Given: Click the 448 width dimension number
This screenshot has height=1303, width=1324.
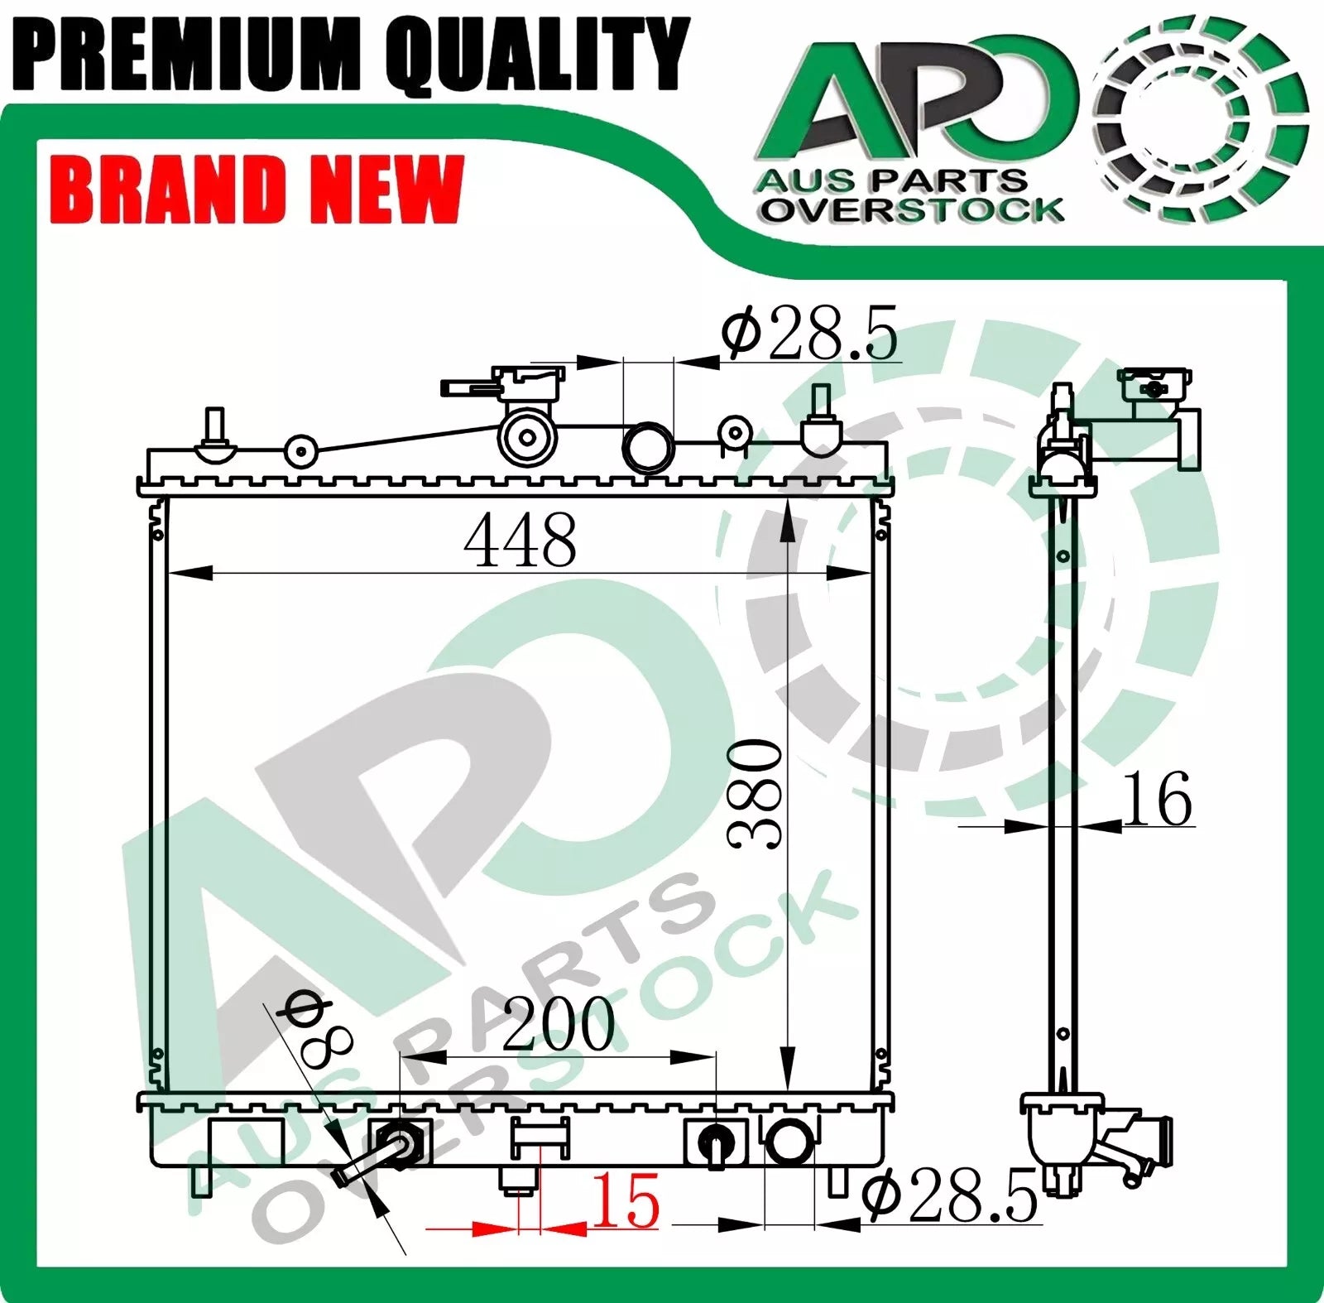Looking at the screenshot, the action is pos(520,540).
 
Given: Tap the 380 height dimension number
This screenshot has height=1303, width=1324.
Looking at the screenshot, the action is pos(754,795).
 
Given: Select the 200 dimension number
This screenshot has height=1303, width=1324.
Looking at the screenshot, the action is pos(559,1024).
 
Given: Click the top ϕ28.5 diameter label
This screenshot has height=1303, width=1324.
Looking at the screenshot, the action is pos(808,333).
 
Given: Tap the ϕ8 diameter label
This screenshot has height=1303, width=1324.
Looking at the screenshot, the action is pos(318,1027).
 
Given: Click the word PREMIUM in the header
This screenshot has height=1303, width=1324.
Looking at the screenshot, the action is pos(187,55).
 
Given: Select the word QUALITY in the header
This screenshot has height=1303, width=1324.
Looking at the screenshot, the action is pos(538,55).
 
